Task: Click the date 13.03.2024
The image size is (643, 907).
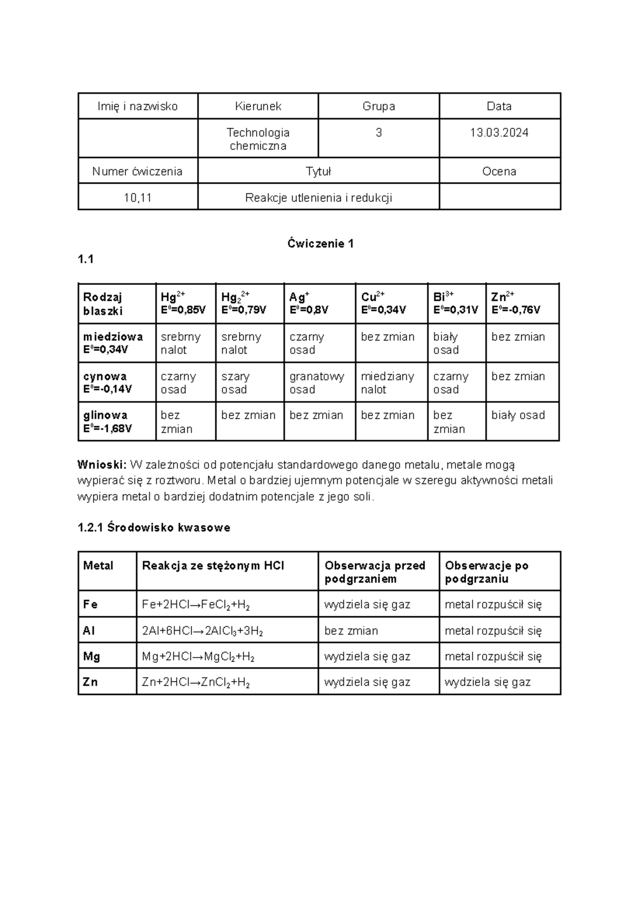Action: pyautogui.click(x=499, y=133)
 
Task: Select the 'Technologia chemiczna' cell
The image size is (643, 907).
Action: pyautogui.click(x=258, y=139)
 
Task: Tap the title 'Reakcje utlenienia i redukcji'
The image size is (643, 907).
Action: pyautogui.click(x=318, y=198)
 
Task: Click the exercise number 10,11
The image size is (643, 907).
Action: pyautogui.click(x=138, y=198)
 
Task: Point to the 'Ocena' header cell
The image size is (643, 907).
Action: pyautogui.click(x=499, y=171)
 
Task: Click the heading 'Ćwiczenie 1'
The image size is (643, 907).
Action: pyautogui.click(x=320, y=244)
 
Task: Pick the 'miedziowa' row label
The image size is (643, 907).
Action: pyautogui.click(x=113, y=343)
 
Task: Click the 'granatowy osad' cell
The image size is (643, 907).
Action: pyautogui.click(x=317, y=382)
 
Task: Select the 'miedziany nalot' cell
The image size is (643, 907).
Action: pyautogui.click(x=387, y=382)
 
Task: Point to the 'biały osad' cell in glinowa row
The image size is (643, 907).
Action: pyautogui.click(x=518, y=415)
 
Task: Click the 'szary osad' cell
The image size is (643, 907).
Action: pyautogui.click(x=235, y=382)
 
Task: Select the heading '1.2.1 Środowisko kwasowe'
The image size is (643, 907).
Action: pyautogui.click(x=154, y=527)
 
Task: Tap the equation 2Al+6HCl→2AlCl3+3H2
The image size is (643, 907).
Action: pyautogui.click(x=202, y=631)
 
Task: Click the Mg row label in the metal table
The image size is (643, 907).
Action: pyautogui.click(x=92, y=656)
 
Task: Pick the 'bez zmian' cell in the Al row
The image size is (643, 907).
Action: pyautogui.click(x=351, y=631)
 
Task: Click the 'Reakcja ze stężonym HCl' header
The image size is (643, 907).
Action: pyautogui.click(x=213, y=566)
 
